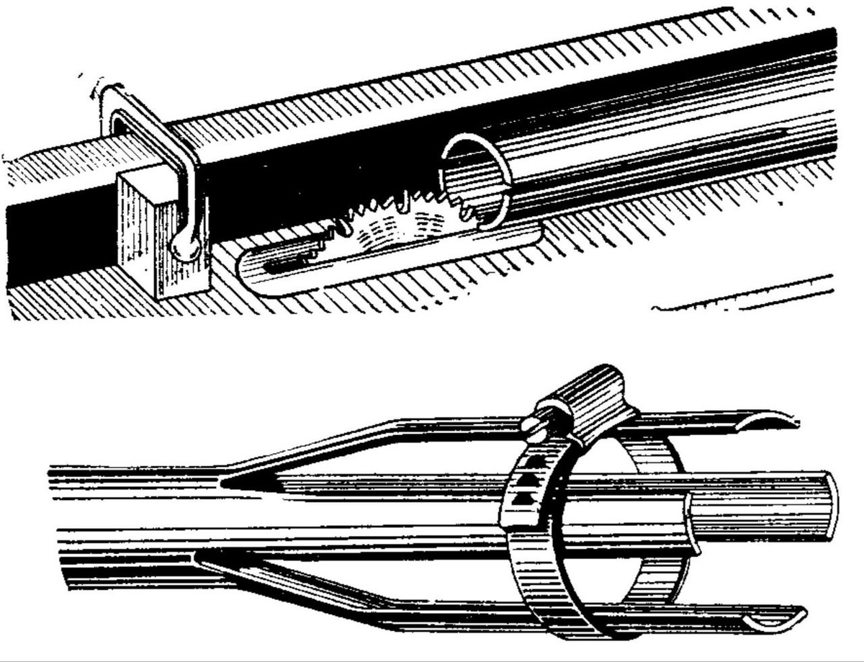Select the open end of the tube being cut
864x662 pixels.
point(475,176)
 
